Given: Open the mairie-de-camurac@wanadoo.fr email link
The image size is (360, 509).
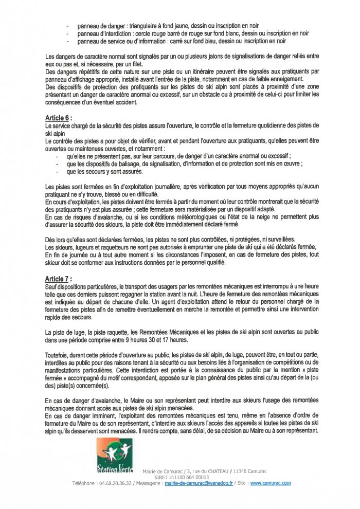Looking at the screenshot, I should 195,483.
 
